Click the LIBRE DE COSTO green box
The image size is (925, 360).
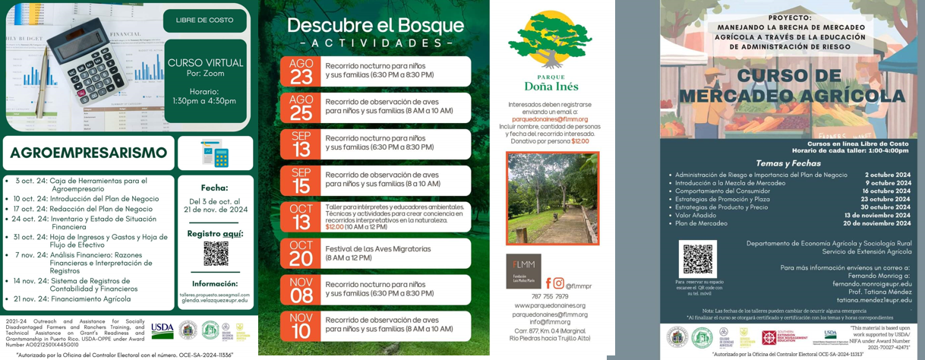click(205, 20)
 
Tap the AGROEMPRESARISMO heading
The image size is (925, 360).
click(89, 153)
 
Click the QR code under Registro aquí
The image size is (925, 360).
click(216, 254)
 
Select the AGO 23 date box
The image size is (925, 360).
click(301, 71)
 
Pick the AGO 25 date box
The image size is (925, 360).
click(301, 107)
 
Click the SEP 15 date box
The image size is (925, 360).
click(301, 181)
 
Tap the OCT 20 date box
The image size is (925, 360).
click(301, 254)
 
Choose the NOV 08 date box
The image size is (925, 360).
click(301, 289)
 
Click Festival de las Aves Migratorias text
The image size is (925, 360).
click(377, 248)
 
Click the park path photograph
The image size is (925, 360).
click(552, 197)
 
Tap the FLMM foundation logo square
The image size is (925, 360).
click(523, 270)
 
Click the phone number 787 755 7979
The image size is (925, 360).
click(550, 296)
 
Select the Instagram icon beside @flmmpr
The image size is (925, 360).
click(559, 283)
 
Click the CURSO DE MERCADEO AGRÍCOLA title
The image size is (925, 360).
click(791, 85)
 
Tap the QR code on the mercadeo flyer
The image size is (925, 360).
click(698, 258)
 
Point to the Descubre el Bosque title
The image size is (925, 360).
click(375, 25)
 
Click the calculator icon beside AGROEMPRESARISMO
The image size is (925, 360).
click(215, 153)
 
